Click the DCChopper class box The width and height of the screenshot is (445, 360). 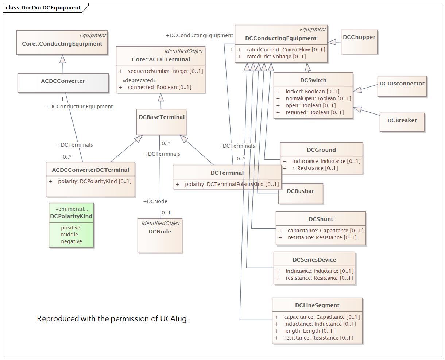pyautogui.click(x=359, y=42)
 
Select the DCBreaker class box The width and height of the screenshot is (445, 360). pyautogui.click(x=402, y=122)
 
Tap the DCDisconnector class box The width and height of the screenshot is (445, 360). pyautogui.click(x=402, y=86)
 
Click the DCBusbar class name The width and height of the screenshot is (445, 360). pyautogui.click(x=300, y=191)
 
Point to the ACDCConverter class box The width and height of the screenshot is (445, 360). pyautogui.click(x=63, y=83)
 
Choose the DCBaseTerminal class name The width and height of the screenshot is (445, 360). pyautogui.click(x=162, y=117)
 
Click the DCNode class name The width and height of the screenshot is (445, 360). pyautogui.click(x=160, y=232)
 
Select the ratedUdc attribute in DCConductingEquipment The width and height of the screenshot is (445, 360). pyautogui.click(x=276, y=57)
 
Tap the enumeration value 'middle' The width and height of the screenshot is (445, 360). pyautogui.click(x=69, y=235)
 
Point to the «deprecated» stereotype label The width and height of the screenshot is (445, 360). pyautogui.click(x=139, y=80)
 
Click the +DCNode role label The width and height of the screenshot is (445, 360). pyautogui.click(x=155, y=201)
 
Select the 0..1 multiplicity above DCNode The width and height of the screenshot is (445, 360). pyautogui.click(x=166, y=213)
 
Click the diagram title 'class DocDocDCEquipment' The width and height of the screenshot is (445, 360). pyautogui.click(x=43, y=8)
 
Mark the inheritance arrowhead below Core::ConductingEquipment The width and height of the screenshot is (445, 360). pyautogui.click(x=62, y=59)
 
